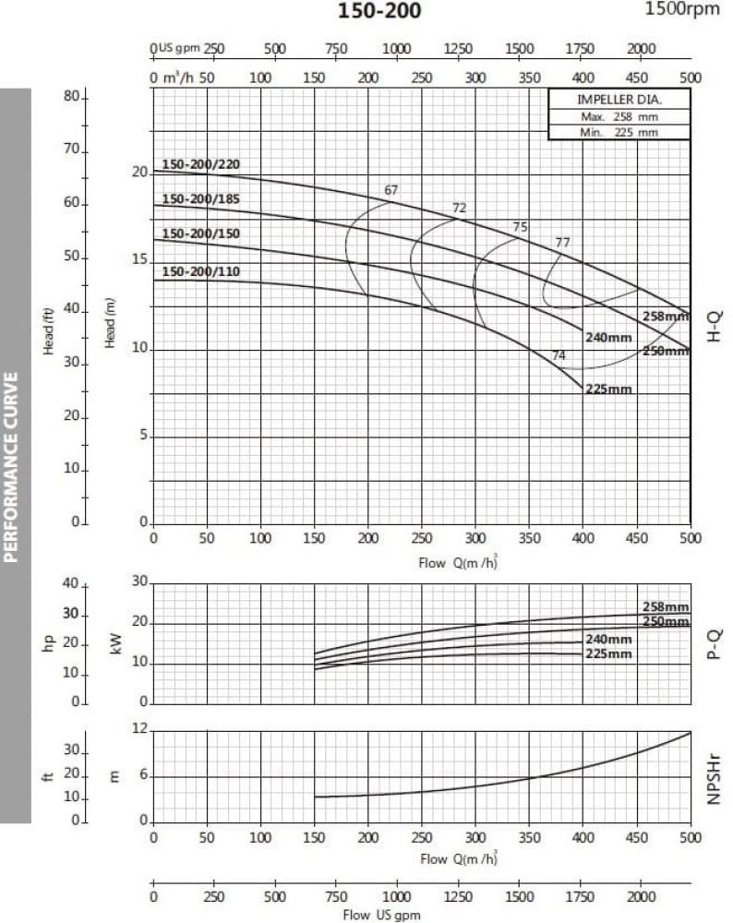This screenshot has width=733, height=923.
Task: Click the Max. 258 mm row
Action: (619, 117)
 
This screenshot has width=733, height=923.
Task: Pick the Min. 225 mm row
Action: (619, 132)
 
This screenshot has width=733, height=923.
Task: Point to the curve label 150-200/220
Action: (200, 164)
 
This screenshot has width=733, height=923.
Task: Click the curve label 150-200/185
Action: (200, 198)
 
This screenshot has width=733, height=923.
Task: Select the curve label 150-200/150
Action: (200, 234)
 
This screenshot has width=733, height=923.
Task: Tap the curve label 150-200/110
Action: (200, 271)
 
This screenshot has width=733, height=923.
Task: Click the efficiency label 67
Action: (391, 190)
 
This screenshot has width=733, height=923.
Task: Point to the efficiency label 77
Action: (562, 243)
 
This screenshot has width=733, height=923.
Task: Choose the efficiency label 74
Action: (559, 355)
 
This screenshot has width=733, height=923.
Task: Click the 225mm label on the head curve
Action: (608, 389)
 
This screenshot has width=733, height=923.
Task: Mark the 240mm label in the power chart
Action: (608, 640)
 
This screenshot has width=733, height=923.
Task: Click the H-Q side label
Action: (714, 328)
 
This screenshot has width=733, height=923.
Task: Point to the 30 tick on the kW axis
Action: (140, 581)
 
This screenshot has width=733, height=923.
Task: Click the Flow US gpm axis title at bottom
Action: (381, 915)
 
